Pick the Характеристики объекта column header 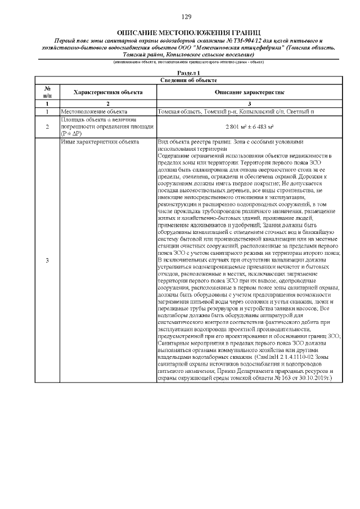pos(108,92)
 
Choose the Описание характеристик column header pos(249,92)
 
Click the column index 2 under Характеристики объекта pos(108,103)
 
